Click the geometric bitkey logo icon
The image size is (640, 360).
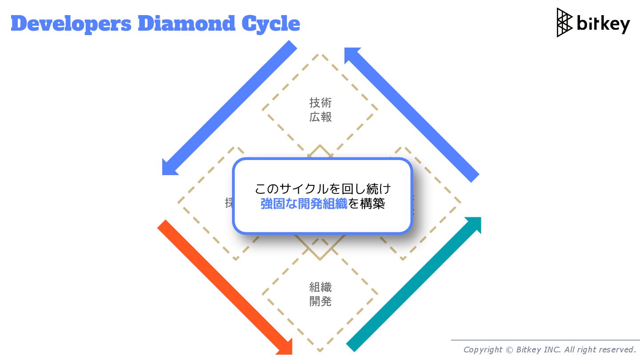[564, 22]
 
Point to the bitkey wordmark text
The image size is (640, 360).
[603, 24]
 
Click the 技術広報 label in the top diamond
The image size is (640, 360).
[320, 110]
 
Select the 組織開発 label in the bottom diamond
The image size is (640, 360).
[320, 294]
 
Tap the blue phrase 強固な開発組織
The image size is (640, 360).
[304, 204]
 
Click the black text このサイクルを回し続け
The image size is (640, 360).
[323, 189]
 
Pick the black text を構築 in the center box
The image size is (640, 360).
[367, 204]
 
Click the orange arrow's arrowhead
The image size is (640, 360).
[284, 347]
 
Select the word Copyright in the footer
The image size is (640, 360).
[483, 350]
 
